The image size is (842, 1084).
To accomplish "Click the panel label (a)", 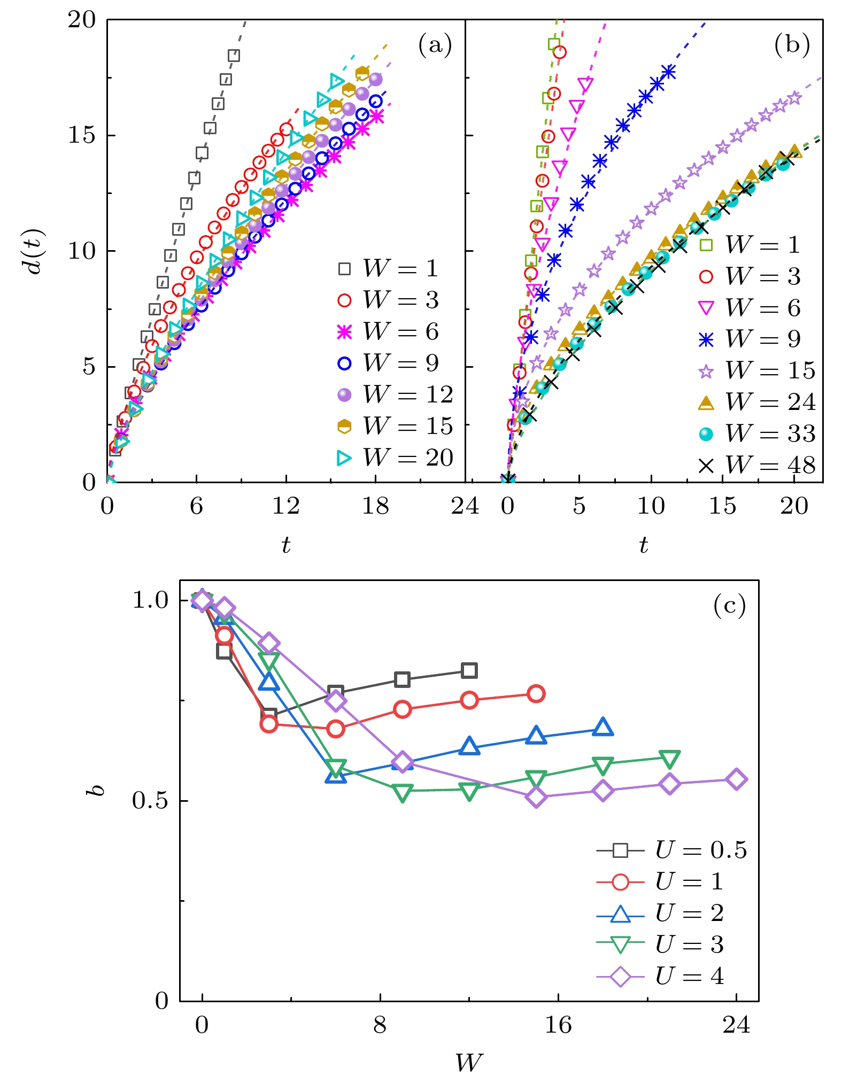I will click(435, 45).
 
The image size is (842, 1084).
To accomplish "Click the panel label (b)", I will click(791, 45).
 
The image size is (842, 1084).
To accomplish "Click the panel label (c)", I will click(729, 606).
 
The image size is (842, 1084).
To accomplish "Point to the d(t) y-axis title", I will click(35, 251).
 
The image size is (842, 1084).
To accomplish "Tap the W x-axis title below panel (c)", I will click(469, 1063).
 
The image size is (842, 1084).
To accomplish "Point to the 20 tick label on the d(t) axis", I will click(82, 20).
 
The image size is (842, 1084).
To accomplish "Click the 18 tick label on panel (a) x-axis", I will click(375, 506).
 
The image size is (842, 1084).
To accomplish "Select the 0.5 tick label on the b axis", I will click(150, 801).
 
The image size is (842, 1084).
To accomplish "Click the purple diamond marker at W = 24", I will click(736, 779).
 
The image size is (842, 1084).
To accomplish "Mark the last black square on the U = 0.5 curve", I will click(469, 670).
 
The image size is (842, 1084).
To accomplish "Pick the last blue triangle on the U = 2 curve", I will click(603, 727).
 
